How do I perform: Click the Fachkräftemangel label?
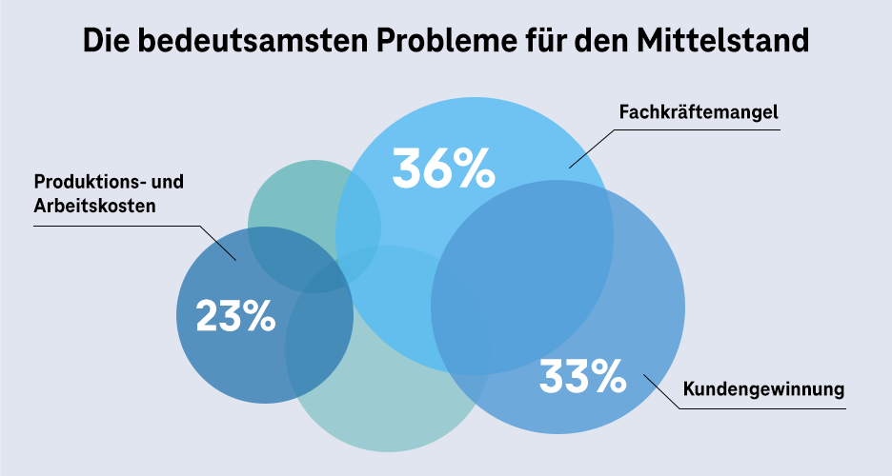coord(699,112)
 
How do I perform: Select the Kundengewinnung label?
coord(764,389)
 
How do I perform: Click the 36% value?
coord(443,168)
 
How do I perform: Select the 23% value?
coord(234,316)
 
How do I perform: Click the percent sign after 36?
coord(473,168)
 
